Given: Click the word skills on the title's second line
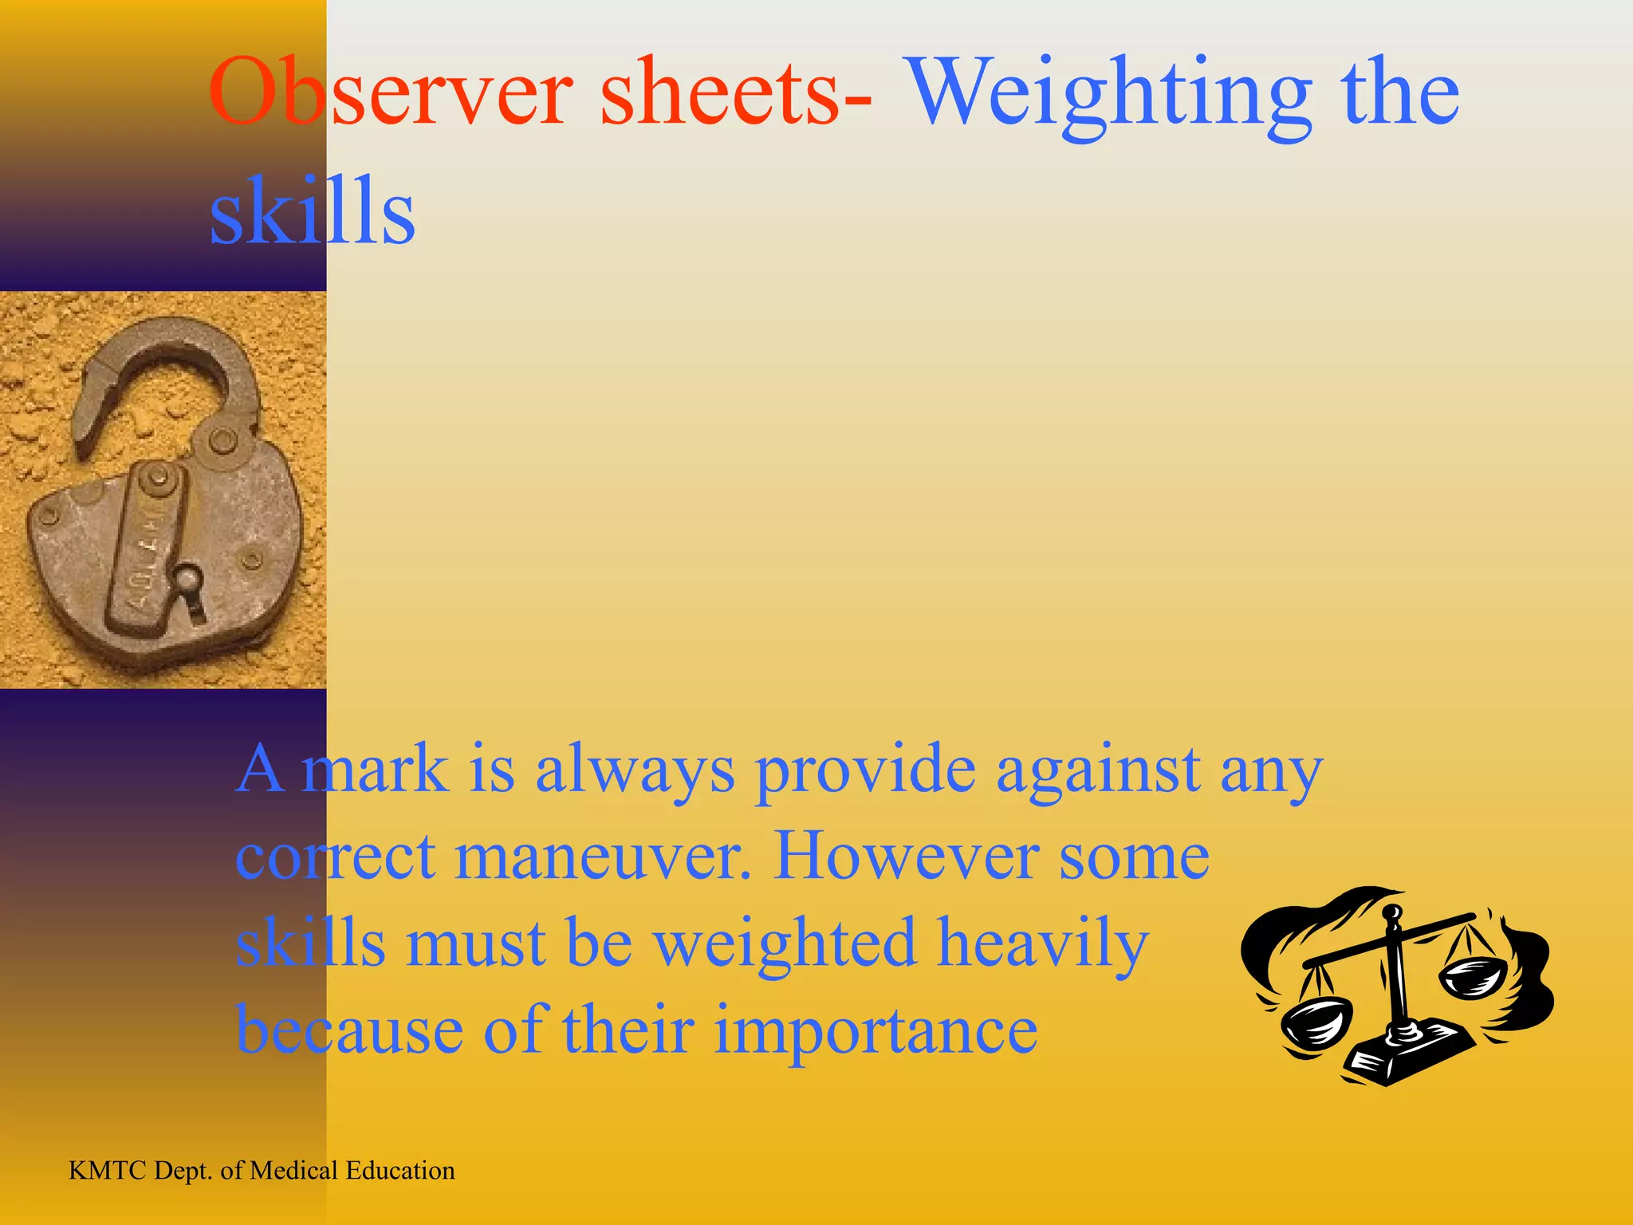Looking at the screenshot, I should click(x=312, y=211).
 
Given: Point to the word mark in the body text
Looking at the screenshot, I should click(x=375, y=769).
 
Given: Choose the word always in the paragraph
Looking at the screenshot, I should click(x=635, y=770).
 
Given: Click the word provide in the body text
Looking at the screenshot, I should click(x=866, y=770).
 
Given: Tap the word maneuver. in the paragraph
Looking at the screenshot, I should click(x=603, y=857).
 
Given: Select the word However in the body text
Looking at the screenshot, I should click(x=906, y=857).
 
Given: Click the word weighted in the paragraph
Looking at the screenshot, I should click(x=785, y=944).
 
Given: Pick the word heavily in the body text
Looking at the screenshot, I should click(x=1043, y=946).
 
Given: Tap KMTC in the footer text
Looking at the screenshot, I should click(x=108, y=1171).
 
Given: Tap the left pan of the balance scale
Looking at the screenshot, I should click(x=1316, y=1025).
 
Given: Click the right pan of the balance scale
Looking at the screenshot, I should click(x=1472, y=978).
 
